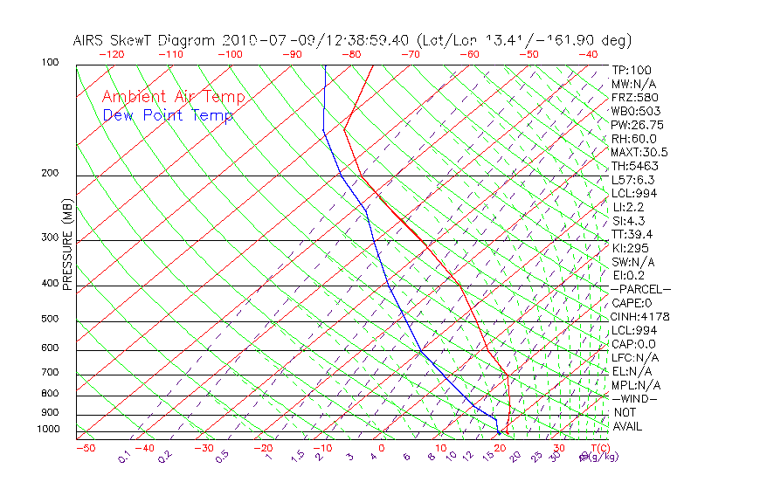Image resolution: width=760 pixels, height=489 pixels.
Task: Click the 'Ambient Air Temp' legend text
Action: (x=173, y=97)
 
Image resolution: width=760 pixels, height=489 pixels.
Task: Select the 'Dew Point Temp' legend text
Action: (x=168, y=115)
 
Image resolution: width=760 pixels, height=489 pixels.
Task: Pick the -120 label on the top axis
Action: (x=111, y=54)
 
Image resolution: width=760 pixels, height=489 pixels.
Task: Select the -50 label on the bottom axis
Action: (x=86, y=448)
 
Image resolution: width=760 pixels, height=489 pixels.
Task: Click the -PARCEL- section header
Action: (x=641, y=289)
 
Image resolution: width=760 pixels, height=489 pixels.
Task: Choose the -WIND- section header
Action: (x=634, y=398)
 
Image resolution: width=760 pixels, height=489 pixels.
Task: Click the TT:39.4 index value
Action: (x=632, y=234)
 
